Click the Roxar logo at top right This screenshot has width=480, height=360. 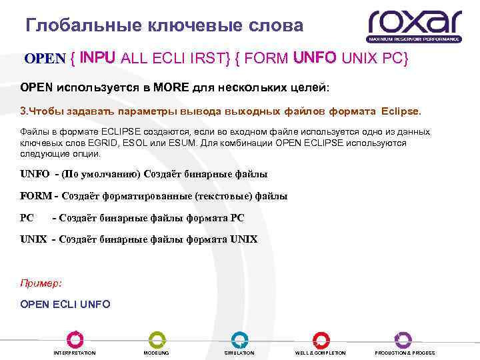point(414,25)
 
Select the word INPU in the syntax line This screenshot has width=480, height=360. point(99,58)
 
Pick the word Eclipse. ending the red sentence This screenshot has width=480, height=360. point(402,109)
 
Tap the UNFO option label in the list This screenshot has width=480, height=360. point(35,174)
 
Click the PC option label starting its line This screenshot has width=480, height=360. point(27,217)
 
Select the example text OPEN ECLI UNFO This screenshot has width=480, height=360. point(65,305)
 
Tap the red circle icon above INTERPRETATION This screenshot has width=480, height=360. point(74,339)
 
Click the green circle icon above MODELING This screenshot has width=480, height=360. point(156,339)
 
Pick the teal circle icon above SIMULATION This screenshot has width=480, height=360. point(239,339)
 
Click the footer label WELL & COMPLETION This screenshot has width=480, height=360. point(321,353)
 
